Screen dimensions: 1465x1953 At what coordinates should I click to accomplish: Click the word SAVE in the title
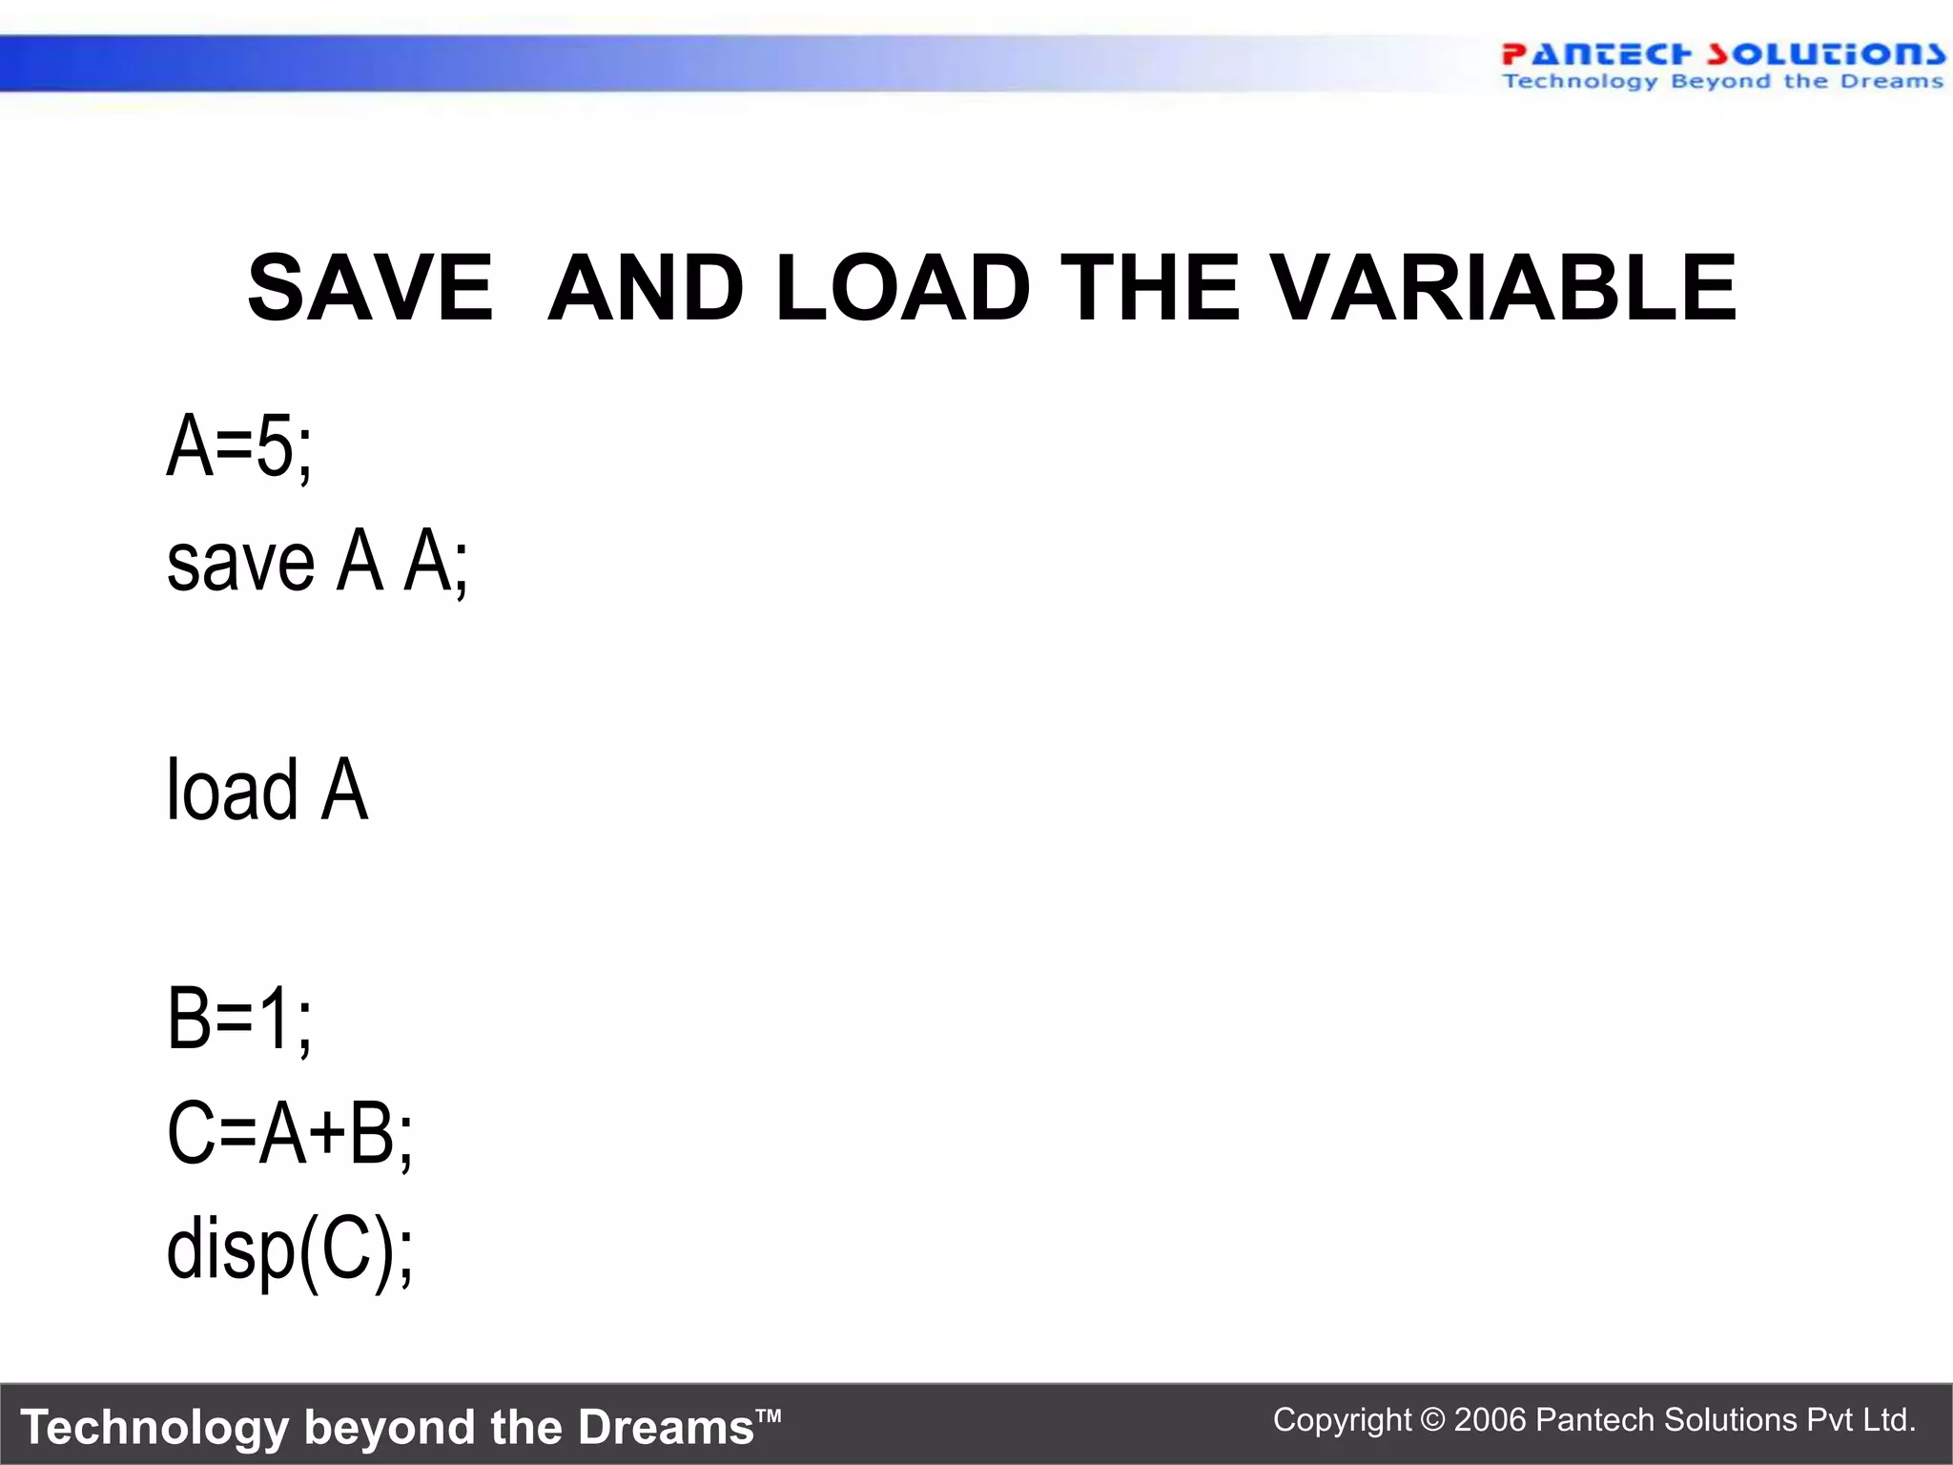[x=370, y=287]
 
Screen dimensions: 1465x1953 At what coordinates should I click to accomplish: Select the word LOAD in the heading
[x=902, y=287]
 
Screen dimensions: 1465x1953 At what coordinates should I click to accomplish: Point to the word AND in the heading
[x=646, y=287]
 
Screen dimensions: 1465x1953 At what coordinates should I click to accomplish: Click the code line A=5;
[x=238, y=446]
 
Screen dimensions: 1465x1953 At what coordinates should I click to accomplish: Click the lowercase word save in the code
[x=240, y=563]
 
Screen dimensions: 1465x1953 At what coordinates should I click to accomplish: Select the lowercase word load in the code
[x=233, y=790]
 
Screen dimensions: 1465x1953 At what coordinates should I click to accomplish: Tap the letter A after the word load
[x=344, y=790]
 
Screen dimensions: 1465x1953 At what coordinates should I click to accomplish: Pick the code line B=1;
[x=238, y=1019]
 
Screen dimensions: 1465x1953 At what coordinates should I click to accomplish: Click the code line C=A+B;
[x=289, y=1133]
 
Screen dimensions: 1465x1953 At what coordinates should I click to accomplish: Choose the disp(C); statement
[x=289, y=1249]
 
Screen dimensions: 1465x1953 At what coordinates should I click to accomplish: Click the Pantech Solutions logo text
[x=1722, y=53]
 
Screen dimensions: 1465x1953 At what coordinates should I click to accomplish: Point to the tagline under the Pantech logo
[x=1722, y=82]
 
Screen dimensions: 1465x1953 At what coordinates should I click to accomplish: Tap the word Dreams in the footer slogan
[x=666, y=1428]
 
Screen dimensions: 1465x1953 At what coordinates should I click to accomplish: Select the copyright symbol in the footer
[x=1432, y=1420]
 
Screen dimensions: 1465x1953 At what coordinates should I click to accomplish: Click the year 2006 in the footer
[x=1491, y=1420]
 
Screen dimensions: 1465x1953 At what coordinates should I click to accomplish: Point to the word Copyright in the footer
[x=1342, y=1420]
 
